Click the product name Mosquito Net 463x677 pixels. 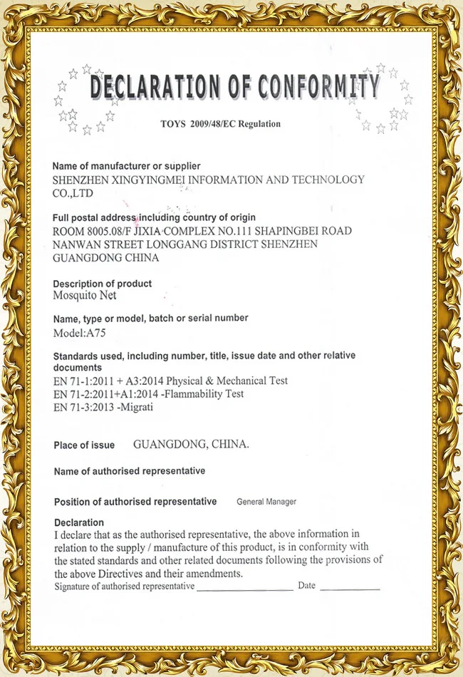click(85, 295)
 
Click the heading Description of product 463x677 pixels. click(103, 284)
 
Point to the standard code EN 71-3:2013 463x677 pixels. click(80, 407)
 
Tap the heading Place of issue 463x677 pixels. click(84, 445)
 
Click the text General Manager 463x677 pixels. click(266, 502)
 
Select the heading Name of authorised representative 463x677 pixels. click(130, 471)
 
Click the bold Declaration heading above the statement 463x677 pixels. click(79, 522)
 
